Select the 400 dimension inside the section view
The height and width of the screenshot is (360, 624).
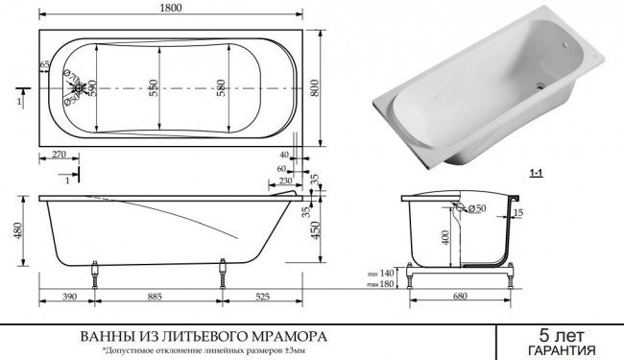(445, 235)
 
